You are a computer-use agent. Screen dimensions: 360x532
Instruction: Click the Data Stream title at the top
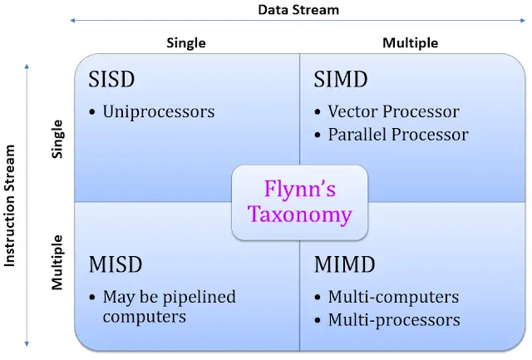pyautogui.click(x=298, y=10)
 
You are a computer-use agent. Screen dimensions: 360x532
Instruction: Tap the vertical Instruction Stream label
pyautogui.click(x=11, y=205)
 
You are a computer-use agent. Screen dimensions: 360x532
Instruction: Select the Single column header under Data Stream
pyautogui.click(x=187, y=42)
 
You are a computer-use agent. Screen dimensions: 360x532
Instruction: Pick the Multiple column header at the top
pyautogui.click(x=410, y=42)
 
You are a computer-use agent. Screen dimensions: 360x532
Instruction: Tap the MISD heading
pyautogui.click(x=116, y=265)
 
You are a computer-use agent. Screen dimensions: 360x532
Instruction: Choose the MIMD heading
pyautogui.click(x=345, y=265)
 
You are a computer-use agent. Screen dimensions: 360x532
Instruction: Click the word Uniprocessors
pyautogui.click(x=158, y=111)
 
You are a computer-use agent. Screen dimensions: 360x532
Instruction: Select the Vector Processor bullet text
pyautogui.click(x=393, y=111)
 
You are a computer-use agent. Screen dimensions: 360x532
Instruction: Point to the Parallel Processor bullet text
pyautogui.click(x=398, y=134)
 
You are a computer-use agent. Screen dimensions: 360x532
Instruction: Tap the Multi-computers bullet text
pyautogui.click(x=393, y=297)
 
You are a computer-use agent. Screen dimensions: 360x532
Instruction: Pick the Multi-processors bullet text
pyautogui.click(x=394, y=319)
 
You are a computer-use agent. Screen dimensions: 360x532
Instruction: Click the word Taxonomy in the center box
pyautogui.click(x=299, y=215)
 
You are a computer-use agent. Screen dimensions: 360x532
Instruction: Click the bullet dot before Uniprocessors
pyautogui.click(x=93, y=111)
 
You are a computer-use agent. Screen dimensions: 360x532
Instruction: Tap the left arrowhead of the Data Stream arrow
pyautogui.click(x=72, y=21)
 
